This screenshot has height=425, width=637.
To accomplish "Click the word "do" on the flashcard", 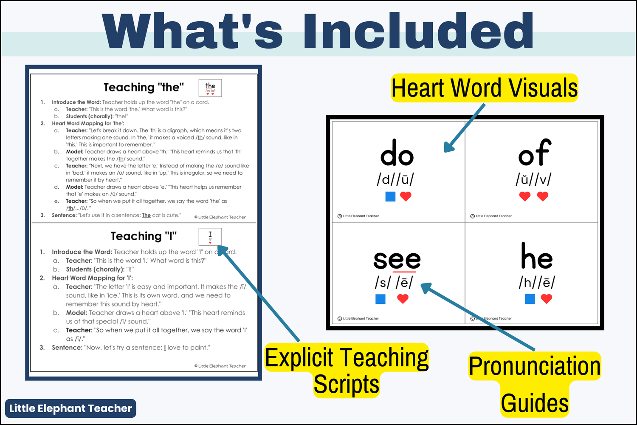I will [397, 153].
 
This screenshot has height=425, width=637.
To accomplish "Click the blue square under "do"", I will [390, 196].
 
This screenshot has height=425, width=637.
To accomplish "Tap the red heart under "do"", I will [406, 196].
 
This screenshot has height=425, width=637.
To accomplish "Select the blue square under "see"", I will [381, 299].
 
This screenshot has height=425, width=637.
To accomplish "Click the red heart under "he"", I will [547, 299].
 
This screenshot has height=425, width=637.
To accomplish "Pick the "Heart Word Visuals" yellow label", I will [484, 88].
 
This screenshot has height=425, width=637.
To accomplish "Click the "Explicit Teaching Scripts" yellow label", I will [347, 370].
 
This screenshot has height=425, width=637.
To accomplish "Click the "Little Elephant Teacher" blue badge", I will [70, 408].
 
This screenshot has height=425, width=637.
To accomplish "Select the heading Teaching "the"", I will [144, 88].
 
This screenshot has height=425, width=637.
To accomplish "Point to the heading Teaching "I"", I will [144, 236].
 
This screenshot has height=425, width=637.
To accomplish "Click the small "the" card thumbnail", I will [210, 88].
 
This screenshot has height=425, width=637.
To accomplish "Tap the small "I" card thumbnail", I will [210, 237].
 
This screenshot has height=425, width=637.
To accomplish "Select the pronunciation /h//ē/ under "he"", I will [536, 282].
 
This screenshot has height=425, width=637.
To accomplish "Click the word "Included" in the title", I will [418, 32].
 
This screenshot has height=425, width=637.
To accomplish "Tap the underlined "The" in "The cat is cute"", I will [147, 215].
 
